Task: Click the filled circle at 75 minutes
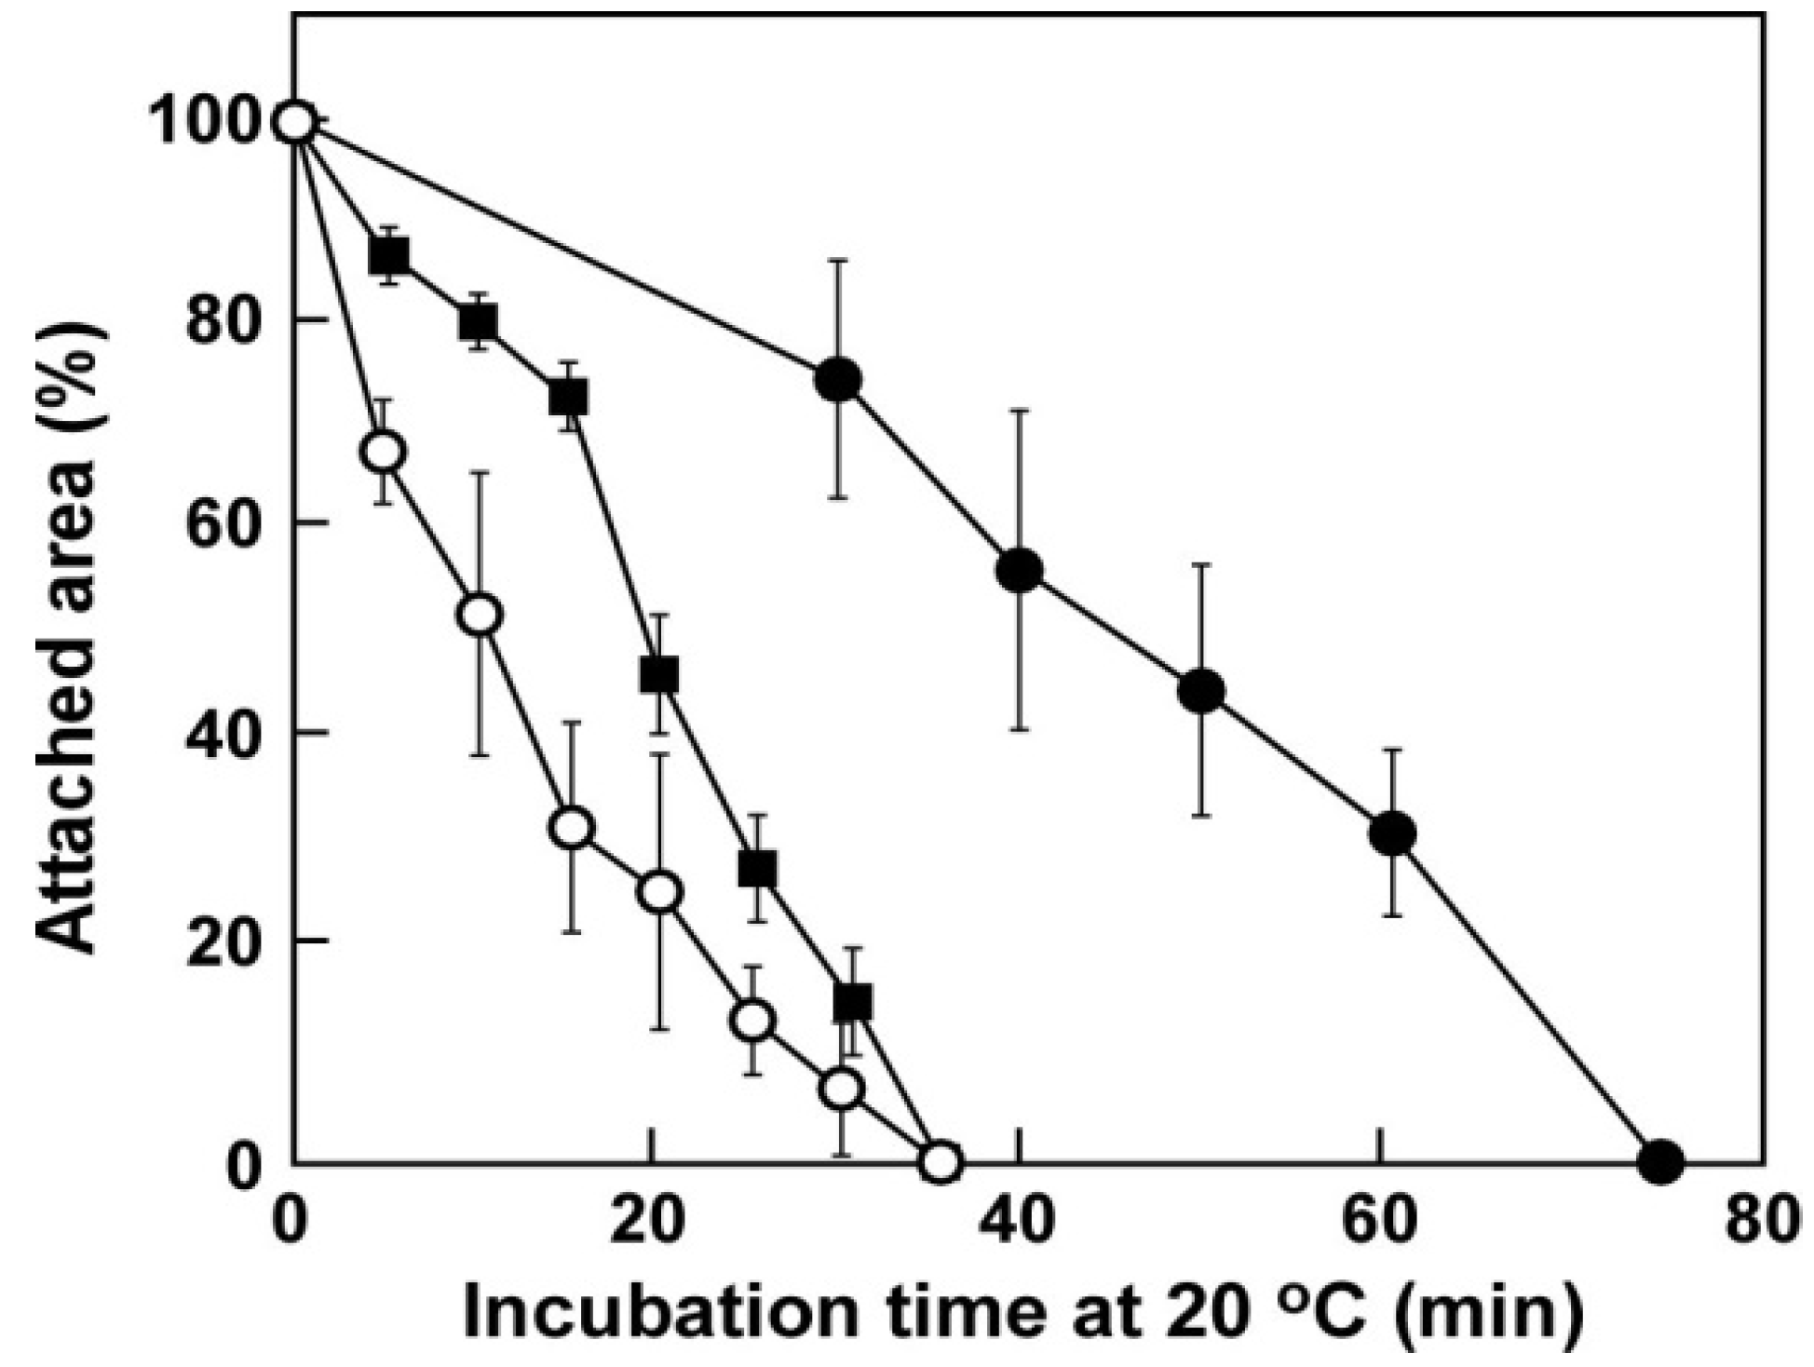1660,1161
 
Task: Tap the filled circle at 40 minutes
1020,571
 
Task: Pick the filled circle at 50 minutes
1201,691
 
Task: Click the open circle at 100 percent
295,122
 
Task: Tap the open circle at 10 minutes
480,615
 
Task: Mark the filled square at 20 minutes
659,674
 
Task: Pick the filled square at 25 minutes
757,868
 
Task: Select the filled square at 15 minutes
568,398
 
